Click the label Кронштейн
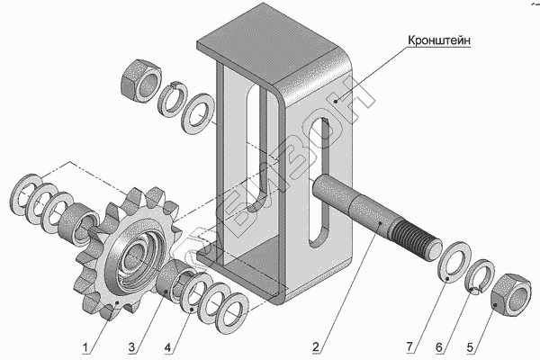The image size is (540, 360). [439, 40]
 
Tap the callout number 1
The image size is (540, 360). [85, 347]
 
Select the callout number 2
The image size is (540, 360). [316, 346]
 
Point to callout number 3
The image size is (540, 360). [131, 347]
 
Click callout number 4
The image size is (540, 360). [167, 347]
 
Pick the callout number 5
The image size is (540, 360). [470, 347]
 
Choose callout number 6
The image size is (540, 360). [439, 347]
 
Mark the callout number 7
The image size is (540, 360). [409, 346]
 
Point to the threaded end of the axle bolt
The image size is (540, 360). [416, 240]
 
